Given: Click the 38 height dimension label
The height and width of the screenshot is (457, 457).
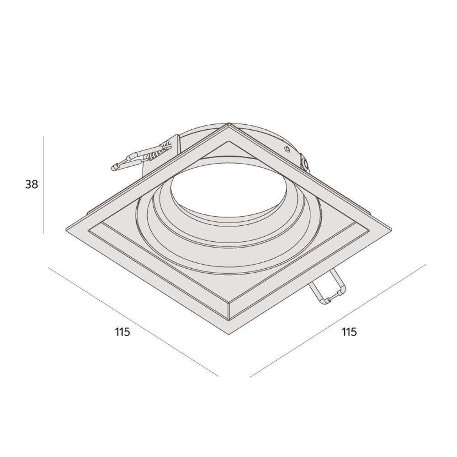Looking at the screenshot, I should click(32, 185).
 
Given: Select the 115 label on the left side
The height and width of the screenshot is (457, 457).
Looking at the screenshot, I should click(122, 332).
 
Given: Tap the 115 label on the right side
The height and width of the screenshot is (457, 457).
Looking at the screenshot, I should click(349, 332).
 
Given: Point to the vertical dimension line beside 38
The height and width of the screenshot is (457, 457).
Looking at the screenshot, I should click(43, 185).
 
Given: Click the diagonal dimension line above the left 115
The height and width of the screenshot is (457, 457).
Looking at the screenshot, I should click(133, 322).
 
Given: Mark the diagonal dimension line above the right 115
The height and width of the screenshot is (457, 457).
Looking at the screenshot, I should click(338, 320).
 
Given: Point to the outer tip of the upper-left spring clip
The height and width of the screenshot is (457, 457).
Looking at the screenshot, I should click(115, 167).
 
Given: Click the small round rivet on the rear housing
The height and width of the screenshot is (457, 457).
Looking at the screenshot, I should click(287, 149).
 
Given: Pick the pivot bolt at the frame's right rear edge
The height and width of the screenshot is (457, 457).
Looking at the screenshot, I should click(304, 163).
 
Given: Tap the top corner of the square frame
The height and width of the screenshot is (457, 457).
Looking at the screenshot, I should click(229, 124).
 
